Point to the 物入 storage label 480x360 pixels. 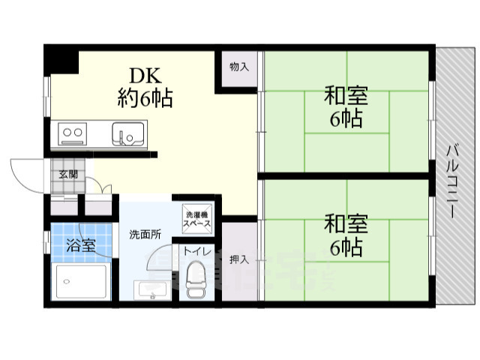click(238, 67)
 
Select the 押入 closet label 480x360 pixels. click(239, 259)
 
